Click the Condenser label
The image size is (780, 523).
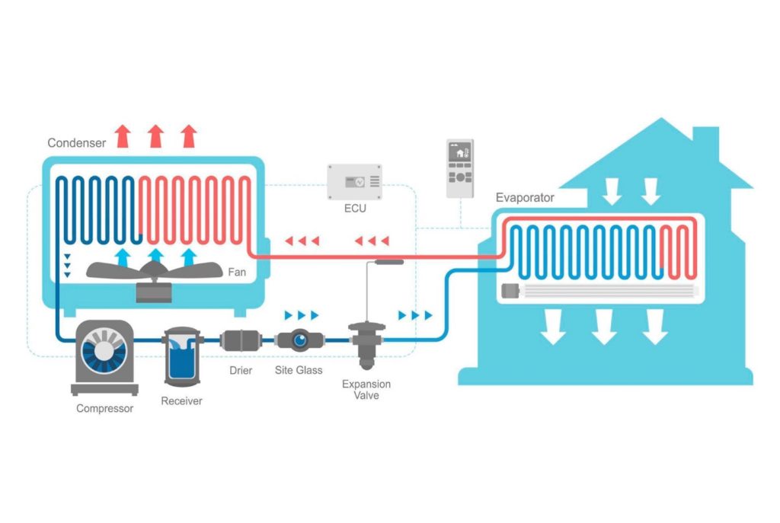75,142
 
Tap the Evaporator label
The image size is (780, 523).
525,198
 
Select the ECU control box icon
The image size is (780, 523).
354,181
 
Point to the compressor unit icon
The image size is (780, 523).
104,356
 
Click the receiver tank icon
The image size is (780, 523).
181,353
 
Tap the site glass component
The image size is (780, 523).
298,340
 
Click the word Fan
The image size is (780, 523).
237,272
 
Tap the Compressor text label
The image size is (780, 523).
104,409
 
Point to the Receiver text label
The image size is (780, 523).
181,400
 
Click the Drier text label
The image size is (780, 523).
241,371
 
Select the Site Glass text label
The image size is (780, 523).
299,371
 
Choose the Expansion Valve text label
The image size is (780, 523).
360,389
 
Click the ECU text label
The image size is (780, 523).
354,208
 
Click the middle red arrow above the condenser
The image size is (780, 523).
156,136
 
